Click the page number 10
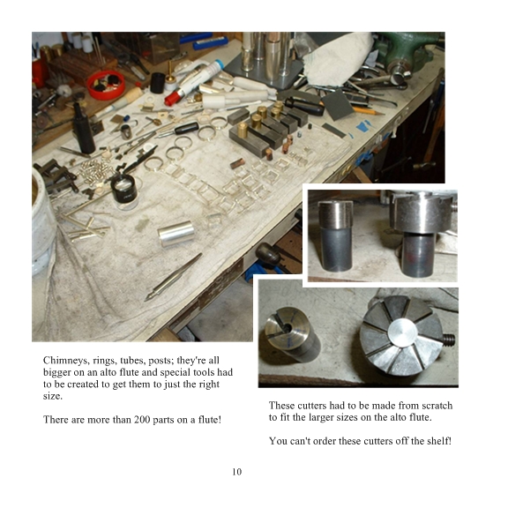tap(237, 472)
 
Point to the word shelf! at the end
tap(439, 441)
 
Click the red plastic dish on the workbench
tap(106, 85)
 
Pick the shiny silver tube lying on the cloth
tap(176, 233)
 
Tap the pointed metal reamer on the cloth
tap(173, 277)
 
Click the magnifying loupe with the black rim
tap(124, 190)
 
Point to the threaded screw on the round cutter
tap(449, 340)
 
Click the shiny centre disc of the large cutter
tap(403, 333)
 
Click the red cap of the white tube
tap(172, 97)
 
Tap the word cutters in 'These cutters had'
tap(311, 406)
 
